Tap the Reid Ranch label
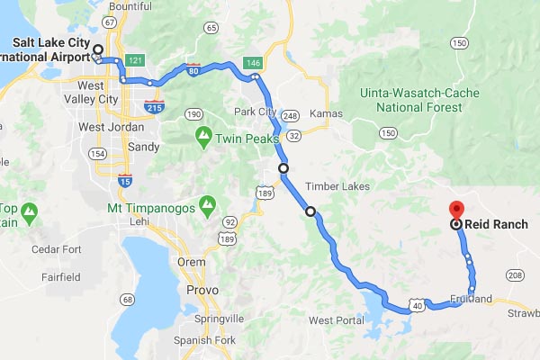point(497,224)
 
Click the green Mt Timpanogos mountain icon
point(208,205)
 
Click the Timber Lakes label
point(332,186)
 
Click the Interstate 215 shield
point(153,107)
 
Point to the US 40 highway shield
point(417,307)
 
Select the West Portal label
point(335,319)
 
